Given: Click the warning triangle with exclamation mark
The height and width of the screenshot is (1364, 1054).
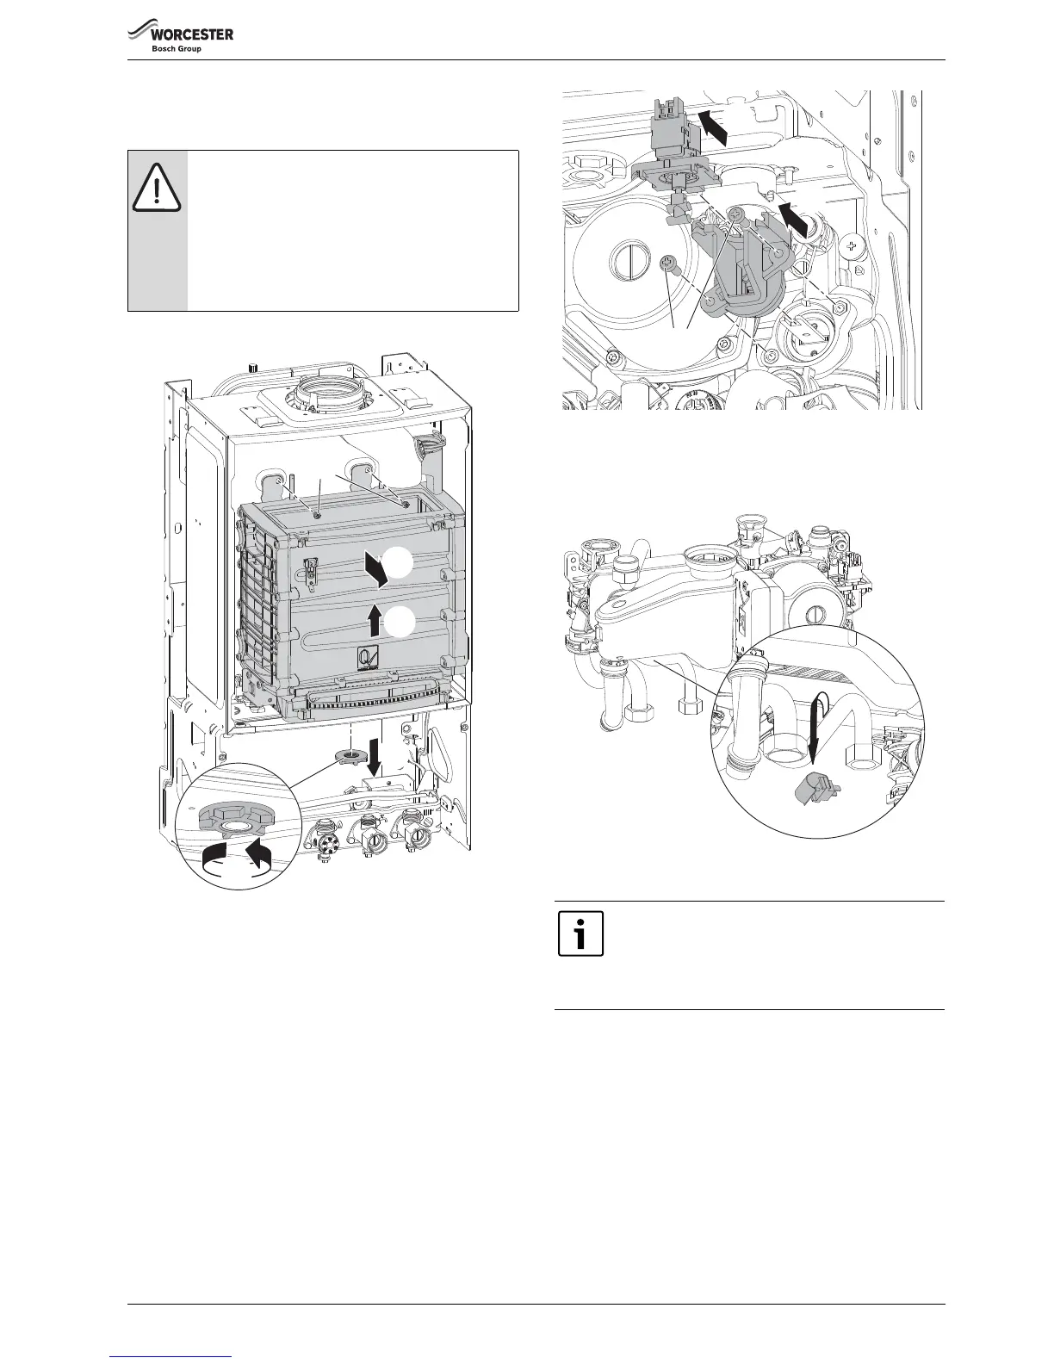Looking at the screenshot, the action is coord(156,189).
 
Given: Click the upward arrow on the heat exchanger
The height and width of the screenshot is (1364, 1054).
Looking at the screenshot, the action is coord(372,619).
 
